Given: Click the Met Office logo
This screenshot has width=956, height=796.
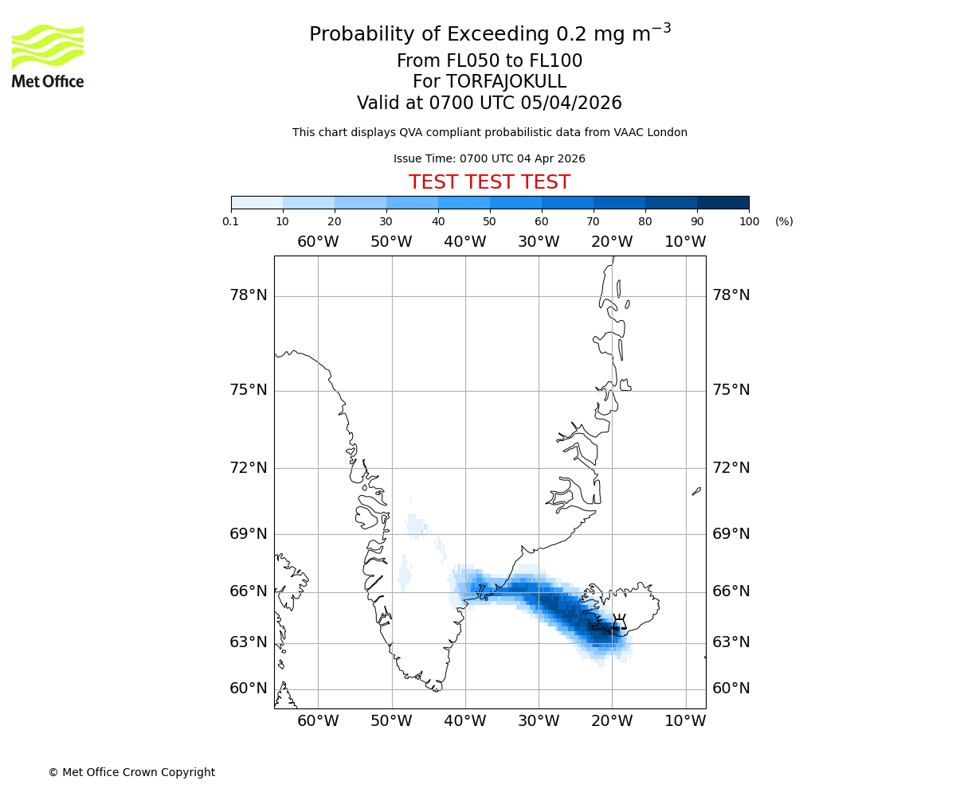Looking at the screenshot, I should (48, 56).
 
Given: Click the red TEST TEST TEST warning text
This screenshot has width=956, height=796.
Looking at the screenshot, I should (489, 182).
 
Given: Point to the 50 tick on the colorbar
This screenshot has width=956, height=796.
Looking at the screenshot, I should (490, 221).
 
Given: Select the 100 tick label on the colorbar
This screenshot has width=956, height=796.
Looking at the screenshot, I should (749, 221).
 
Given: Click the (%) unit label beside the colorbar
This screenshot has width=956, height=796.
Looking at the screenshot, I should (784, 221).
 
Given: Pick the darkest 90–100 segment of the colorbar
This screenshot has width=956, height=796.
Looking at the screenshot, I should (723, 202).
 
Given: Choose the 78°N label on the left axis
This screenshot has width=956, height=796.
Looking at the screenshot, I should (249, 295).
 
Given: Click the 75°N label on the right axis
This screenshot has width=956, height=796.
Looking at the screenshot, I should (731, 389).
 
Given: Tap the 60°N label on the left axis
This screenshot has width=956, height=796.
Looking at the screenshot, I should (249, 689).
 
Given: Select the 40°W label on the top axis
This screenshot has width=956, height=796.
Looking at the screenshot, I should (464, 241).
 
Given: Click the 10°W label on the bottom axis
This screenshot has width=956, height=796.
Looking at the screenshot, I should (685, 721).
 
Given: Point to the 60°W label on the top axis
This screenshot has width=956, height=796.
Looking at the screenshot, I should (318, 241).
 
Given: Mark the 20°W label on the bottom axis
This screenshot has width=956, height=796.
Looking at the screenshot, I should (612, 721).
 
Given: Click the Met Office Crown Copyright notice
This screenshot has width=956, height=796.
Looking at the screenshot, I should (131, 772).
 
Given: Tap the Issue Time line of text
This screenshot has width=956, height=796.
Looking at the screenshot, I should (489, 158).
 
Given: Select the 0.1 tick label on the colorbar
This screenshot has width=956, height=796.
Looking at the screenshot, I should (231, 221).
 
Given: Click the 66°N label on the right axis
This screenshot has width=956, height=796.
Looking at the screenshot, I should (731, 591).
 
